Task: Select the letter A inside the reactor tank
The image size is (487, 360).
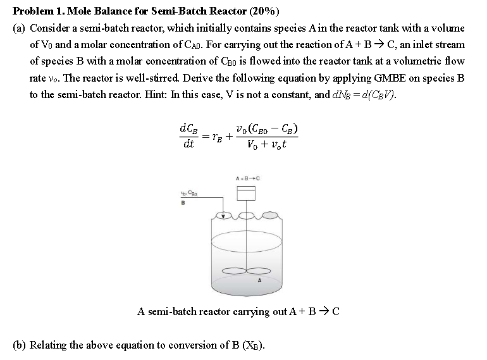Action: point(259,281)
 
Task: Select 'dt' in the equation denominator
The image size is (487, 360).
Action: point(188,146)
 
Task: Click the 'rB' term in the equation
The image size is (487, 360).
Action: point(216,138)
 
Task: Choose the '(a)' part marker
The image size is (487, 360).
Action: point(20,28)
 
